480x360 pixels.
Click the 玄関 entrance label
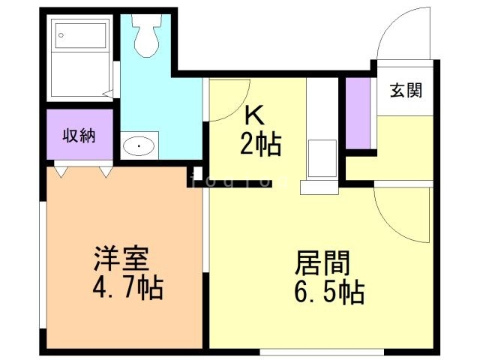(x=406, y=91)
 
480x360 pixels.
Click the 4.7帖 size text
(x=127, y=288)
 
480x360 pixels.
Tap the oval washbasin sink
(x=139, y=145)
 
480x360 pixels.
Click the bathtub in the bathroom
(x=81, y=58)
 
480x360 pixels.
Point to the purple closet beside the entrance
(x=358, y=112)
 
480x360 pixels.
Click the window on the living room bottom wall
(x=322, y=351)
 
